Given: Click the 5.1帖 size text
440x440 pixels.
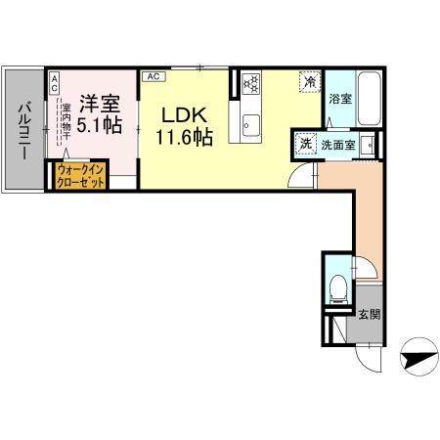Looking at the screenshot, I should pyautogui.click(x=99, y=124).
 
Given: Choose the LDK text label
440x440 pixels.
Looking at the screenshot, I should pyautogui.click(x=181, y=113).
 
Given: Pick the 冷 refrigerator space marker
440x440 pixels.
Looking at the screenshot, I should pyautogui.click(x=309, y=82).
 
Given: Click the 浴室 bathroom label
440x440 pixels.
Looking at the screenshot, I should pyautogui.click(x=339, y=99).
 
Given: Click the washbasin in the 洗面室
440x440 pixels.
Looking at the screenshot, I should pyautogui.click(x=368, y=145).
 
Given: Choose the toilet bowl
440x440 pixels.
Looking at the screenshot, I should pyautogui.click(x=337, y=288).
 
